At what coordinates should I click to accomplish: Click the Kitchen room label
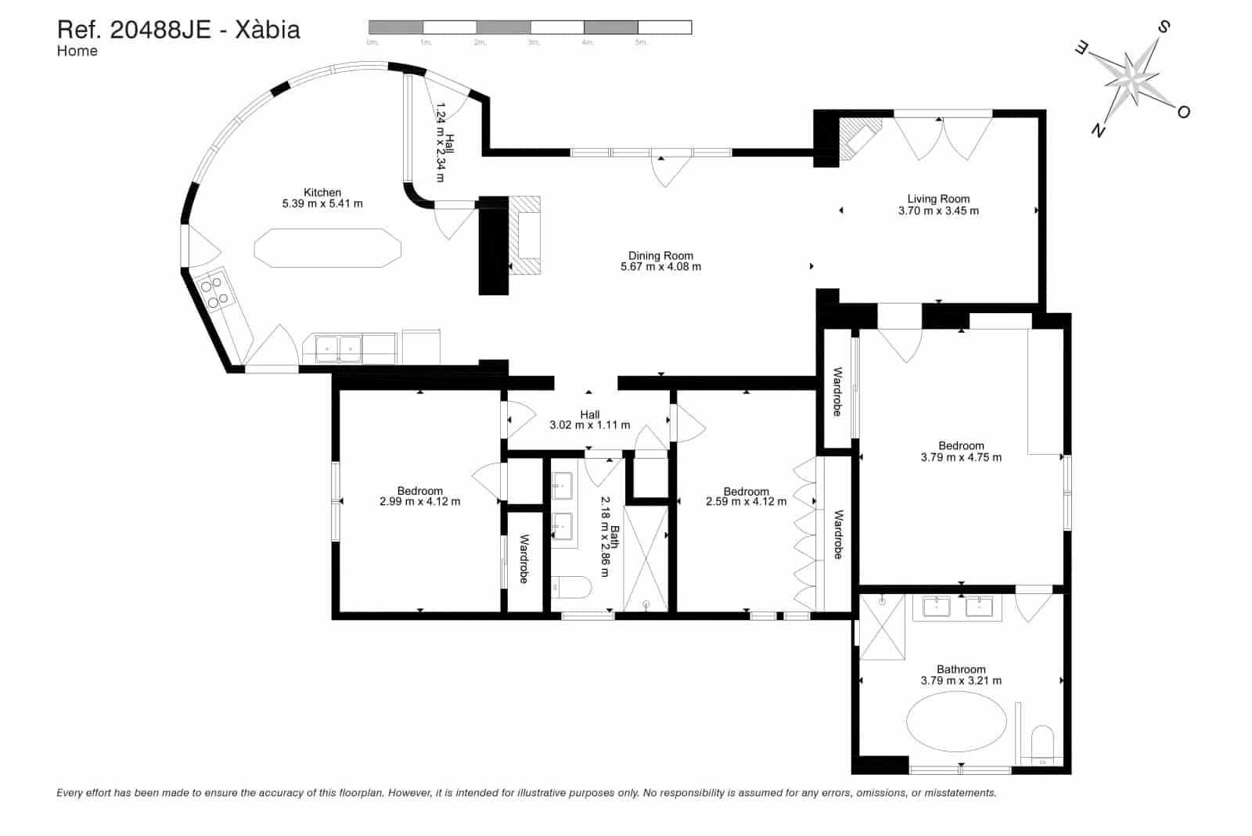click(322, 193)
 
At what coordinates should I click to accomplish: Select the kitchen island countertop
click(327, 248)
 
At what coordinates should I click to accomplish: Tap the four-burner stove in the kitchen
click(214, 292)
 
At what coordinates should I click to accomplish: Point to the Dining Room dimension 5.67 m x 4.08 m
click(660, 267)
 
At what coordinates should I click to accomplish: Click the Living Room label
click(938, 199)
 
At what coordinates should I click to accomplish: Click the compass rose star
click(1131, 78)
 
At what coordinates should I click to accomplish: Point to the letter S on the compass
click(1163, 28)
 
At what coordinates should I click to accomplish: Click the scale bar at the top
click(530, 28)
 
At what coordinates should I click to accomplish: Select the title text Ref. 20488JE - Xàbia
click(178, 30)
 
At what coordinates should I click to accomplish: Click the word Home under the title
click(77, 52)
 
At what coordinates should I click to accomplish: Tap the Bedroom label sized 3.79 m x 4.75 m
click(961, 446)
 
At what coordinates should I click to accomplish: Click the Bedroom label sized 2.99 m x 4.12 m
click(419, 492)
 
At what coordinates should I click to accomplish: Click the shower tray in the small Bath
click(646, 557)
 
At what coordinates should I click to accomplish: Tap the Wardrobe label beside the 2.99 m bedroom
click(523, 558)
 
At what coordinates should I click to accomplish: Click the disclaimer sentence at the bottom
click(526, 793)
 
